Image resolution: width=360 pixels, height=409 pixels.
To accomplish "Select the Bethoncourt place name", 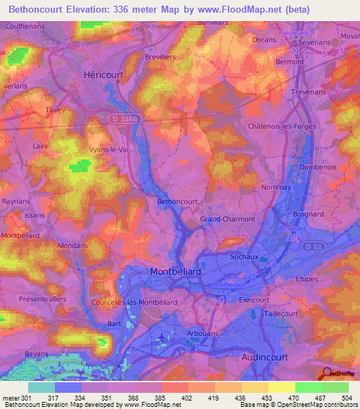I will tap(176, 202).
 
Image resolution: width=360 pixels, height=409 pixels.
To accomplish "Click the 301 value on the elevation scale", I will tap(25, 398).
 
